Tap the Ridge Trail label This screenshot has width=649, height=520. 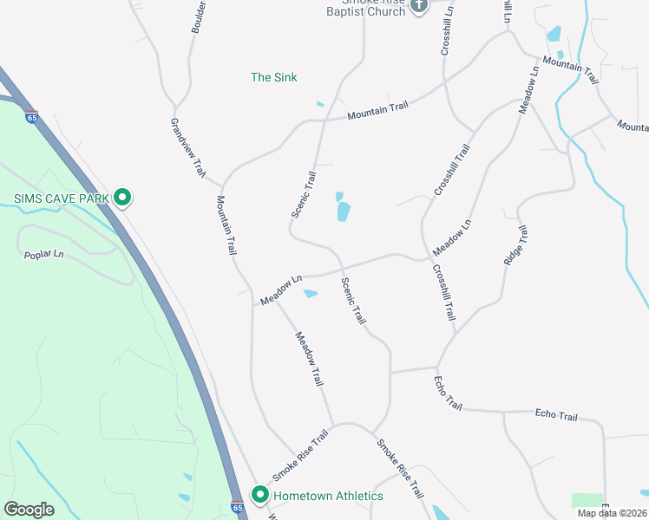(515, 245)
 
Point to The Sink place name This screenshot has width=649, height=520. (273, 77)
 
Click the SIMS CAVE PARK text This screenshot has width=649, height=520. (62, 198)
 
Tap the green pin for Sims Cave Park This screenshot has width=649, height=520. (123, 198)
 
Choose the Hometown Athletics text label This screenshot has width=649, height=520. (328, 496)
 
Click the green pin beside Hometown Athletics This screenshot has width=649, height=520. (259, 495)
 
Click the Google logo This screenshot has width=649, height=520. (29, 509)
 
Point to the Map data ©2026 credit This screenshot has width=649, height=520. (612, 513)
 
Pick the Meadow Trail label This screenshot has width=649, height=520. (309, 359)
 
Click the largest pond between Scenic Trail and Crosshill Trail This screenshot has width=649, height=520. (344, 211)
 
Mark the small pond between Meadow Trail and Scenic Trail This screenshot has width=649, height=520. (310, 294)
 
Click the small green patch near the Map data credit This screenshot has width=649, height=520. (587, 500)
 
